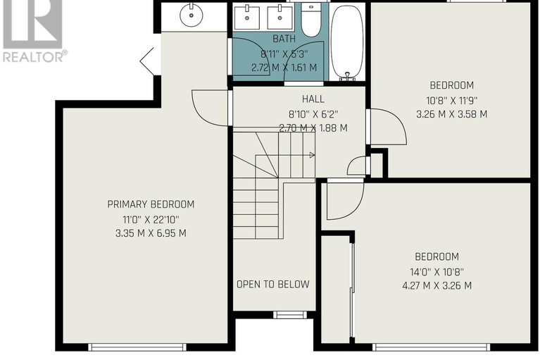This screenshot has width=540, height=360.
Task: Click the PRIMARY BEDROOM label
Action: point(151,204)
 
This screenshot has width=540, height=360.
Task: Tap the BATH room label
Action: point(284,39)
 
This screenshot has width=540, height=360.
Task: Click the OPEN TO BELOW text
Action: point(272,285)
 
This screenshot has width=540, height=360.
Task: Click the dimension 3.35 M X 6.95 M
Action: point(151,233)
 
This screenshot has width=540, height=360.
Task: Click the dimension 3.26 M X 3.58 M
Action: point(452,114)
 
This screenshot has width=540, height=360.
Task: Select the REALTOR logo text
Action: point(34,57)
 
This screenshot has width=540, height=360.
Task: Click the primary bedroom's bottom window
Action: point(137,346)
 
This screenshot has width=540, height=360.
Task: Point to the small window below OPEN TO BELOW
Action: point(290,314)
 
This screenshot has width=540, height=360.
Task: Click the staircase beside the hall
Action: point(264,183)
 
